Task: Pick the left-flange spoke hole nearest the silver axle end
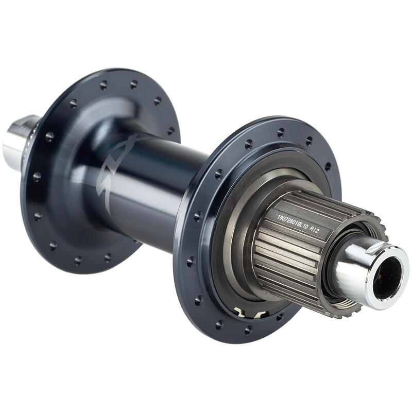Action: [49, 136]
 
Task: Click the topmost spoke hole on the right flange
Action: [281, 132]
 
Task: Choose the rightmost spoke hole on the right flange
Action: [328, 166]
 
